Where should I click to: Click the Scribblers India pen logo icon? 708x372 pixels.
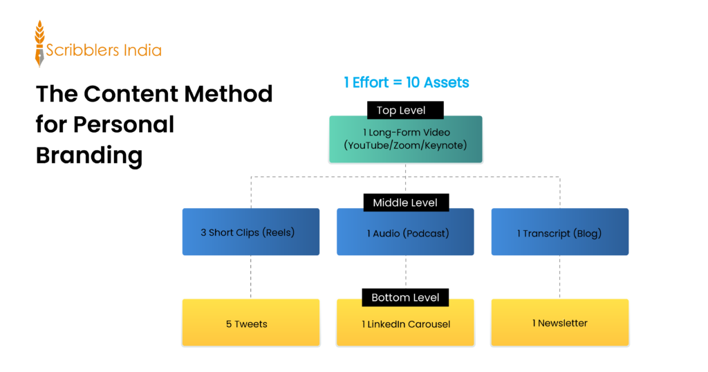point(39,44)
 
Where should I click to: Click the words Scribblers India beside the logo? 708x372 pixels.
point(104,50)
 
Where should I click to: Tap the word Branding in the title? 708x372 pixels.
point(88,155)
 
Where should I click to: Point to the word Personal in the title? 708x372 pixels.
point(124,124)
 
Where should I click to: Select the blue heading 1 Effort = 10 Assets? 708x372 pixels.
point(406,82)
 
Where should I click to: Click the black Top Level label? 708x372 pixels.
point(405,110)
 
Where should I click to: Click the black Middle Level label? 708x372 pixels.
point(405,202)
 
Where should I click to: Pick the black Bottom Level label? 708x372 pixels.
point(405,297)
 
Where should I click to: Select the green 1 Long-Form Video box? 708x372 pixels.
point(405,139)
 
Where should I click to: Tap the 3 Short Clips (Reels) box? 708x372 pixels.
point(250,232)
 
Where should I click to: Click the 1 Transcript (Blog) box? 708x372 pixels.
point(559,232)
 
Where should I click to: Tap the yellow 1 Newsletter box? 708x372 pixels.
point(559,323)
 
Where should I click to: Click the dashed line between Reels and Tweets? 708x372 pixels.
point(251,277)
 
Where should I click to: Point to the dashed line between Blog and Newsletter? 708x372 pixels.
point(560,277)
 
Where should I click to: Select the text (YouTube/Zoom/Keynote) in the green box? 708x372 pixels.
point(405,145)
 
